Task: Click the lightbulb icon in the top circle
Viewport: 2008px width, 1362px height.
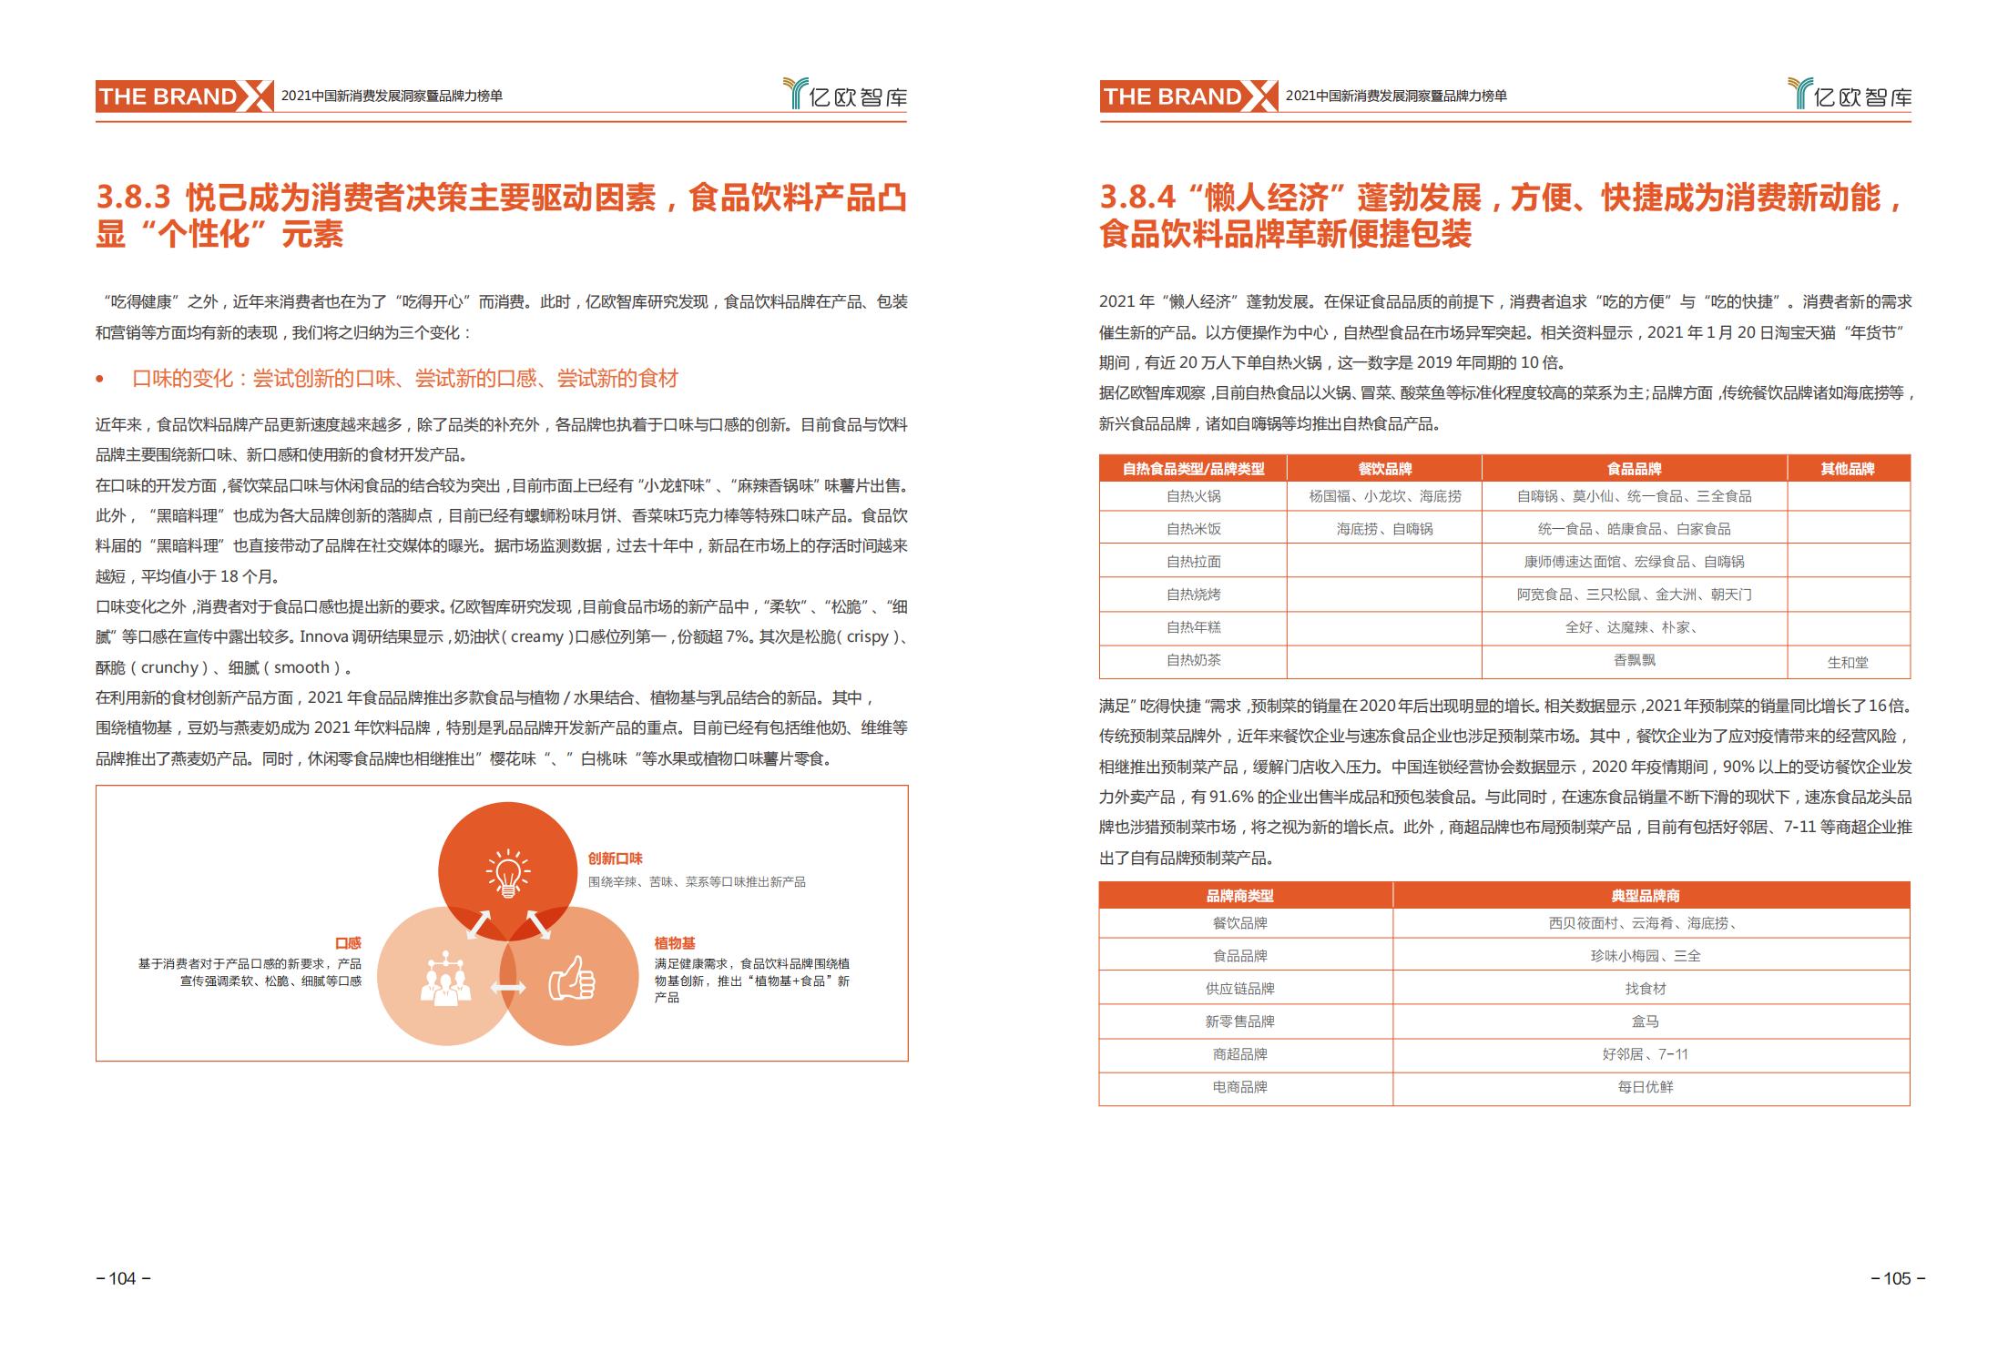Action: tap(507, 872)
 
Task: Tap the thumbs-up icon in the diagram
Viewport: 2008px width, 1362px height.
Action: tap(571, 981)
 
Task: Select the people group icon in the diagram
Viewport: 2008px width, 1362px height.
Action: tap(445, 979)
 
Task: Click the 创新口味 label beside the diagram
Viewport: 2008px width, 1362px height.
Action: tap(615, 859)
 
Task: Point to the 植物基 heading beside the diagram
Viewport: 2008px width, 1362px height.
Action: tap(674, 943)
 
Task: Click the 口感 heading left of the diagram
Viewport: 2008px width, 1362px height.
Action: tap(348, 943)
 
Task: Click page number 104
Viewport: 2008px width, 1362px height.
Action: tap(123, 1278)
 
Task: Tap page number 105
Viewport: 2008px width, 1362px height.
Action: tap(1897, 1278)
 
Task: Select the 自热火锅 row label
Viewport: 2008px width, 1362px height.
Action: tap(1193, 496)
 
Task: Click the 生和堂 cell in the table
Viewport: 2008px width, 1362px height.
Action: tap(1848, 662)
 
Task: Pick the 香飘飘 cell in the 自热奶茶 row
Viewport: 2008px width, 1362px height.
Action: tap(1634, 660)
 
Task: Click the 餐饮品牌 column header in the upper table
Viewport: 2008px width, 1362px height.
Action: tap(1384, 469)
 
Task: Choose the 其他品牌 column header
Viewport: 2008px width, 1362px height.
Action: tap(1848, 469)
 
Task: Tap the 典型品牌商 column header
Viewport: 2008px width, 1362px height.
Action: tap(1645, 896)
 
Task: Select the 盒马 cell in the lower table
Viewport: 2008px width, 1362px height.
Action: tap(1645, 1021)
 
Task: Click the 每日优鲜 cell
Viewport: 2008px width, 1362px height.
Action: tap(1645, 1087)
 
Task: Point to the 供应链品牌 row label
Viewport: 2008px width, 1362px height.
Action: tap(1239, 989)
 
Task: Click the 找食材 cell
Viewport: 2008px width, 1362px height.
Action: tap(1645, 989)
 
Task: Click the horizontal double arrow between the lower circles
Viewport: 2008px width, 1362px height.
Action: tap(508, 988)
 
